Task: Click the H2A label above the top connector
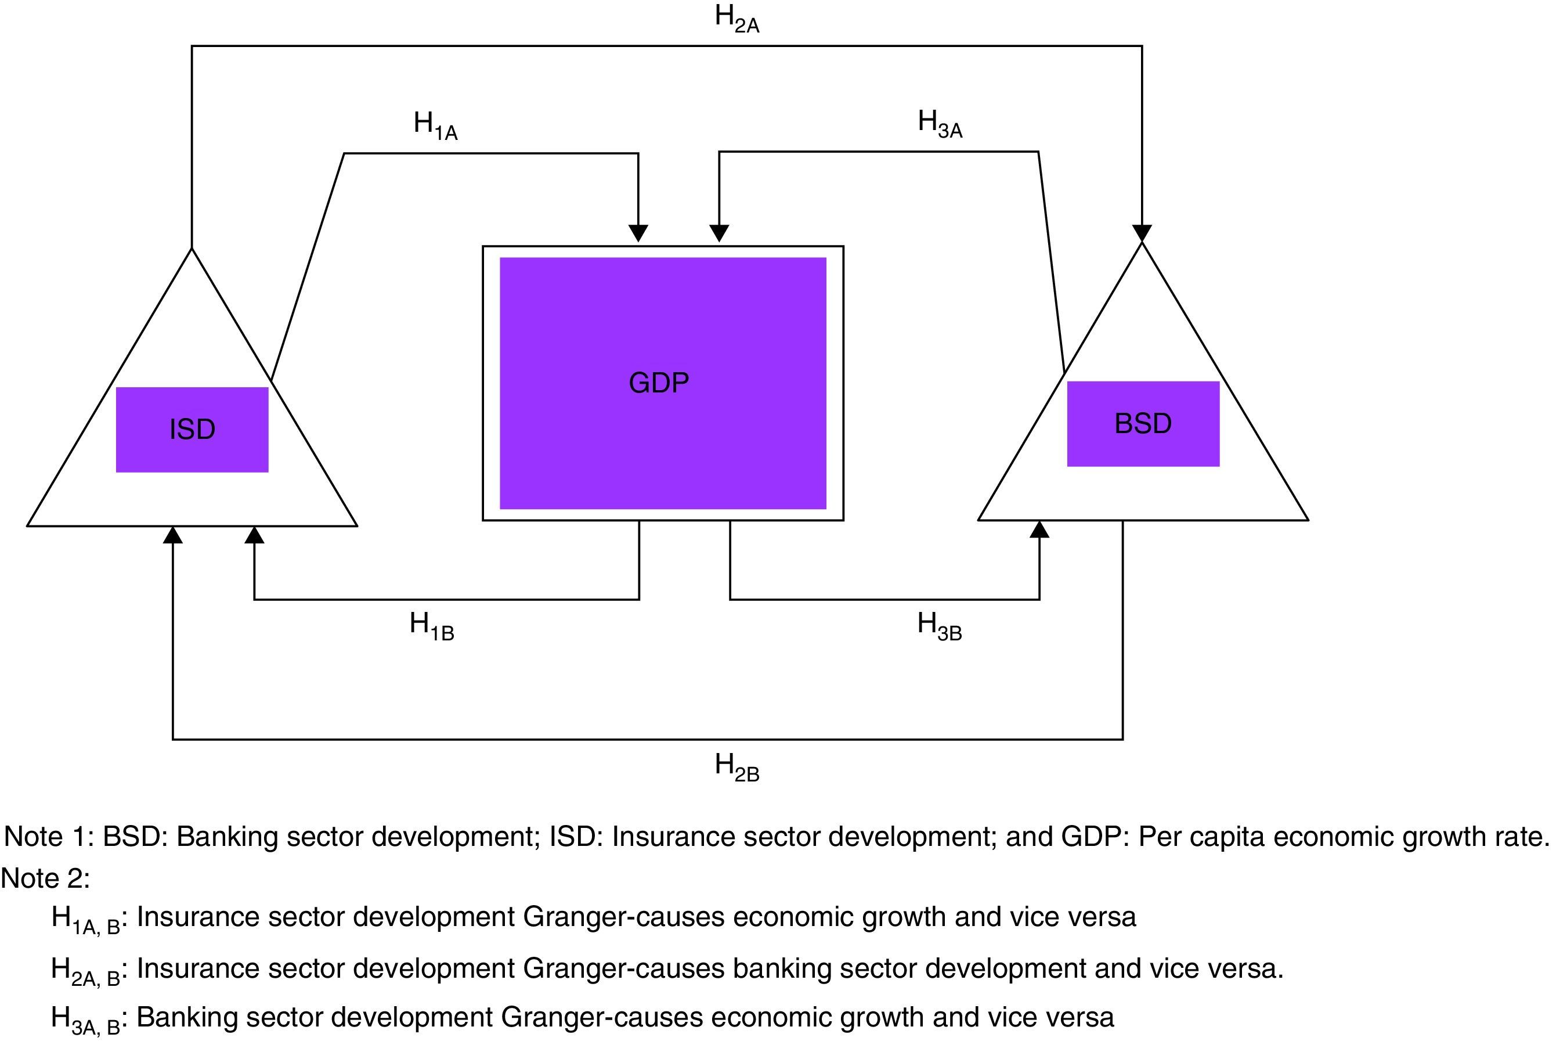tap(736, 19)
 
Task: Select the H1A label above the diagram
tap(435, 125)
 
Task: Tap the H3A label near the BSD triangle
tap(940, 124)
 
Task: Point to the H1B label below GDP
tap(431, 626)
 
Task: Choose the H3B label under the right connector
tap(939, 626)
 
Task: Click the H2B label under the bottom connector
tap(736, 767)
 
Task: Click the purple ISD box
tap(192, 430)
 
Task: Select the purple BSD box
tap(1143, 424)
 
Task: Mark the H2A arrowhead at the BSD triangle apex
tap(1142, 233)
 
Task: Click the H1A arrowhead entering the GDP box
tap(638, 233)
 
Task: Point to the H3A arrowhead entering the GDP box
tap(720, 233)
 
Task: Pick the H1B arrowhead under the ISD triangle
tap(254, 535)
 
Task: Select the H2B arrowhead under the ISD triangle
tap(172, 535)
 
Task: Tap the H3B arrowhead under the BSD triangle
tap(1039, 530)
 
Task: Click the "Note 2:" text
tap(45, 878)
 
